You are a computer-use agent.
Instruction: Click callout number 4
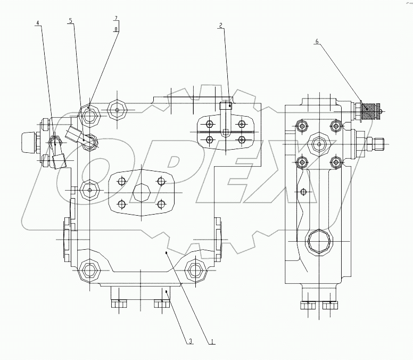click(37, 23)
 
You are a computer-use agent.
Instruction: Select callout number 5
click(71, 21)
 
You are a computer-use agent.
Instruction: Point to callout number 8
click(115, 29)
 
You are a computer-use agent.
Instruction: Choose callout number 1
click(212, 341)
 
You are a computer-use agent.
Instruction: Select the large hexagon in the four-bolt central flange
click(142, 192)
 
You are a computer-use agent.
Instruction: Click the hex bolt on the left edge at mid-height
click(89, 190)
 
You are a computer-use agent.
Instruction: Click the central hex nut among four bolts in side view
click(318, 142)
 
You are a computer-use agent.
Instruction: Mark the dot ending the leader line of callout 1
click(167, 253)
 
